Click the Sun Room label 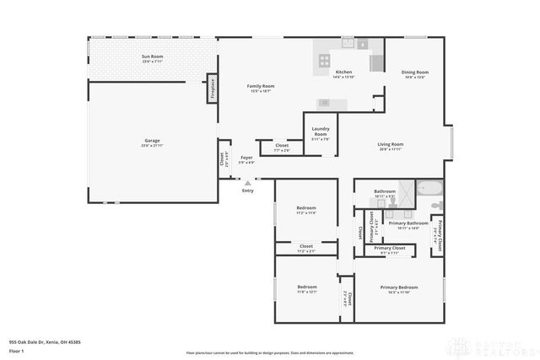tap(152, 58)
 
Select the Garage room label tap(152, 142)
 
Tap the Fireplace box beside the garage tap(213, 89)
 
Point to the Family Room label tap(260, 88)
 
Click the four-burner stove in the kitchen tap(324, 60)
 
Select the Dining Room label tap(414, 74)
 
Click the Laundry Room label tap(321, 132)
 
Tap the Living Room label tap(390, 146)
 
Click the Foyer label tap(246, 159)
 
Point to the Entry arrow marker tap(247, 183)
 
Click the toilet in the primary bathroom tap(435, 206)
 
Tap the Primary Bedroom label tap(399, 289)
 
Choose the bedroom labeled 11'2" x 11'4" tap(306, 210)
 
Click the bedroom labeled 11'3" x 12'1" tap(306, 289)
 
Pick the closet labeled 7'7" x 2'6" tap(282, 148)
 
